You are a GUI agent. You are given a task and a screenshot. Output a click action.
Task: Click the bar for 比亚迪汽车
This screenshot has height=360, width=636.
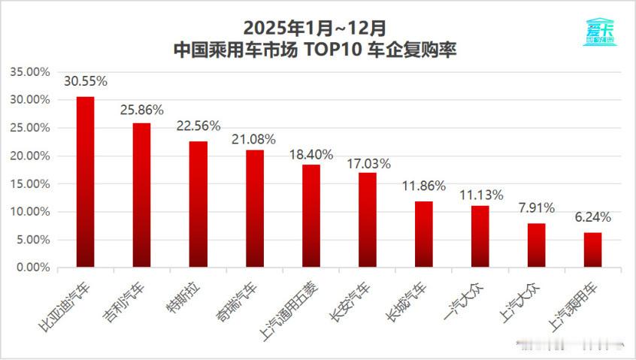pos(86,182)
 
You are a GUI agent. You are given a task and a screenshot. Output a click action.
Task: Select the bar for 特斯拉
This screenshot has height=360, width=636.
pos(198,204)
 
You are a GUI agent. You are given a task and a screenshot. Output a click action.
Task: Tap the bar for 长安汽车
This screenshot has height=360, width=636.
pos(368,220)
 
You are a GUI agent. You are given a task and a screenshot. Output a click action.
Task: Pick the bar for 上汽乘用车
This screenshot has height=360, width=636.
pos(593,250)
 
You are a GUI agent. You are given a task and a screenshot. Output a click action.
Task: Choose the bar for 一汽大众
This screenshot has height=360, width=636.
pos(480,237)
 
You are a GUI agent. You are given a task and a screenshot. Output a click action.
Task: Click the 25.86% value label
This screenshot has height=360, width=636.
pos(142,110)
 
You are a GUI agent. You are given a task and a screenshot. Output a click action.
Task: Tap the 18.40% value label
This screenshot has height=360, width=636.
pos(310,153)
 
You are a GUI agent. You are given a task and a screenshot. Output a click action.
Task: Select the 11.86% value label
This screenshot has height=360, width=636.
pos(424,186)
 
